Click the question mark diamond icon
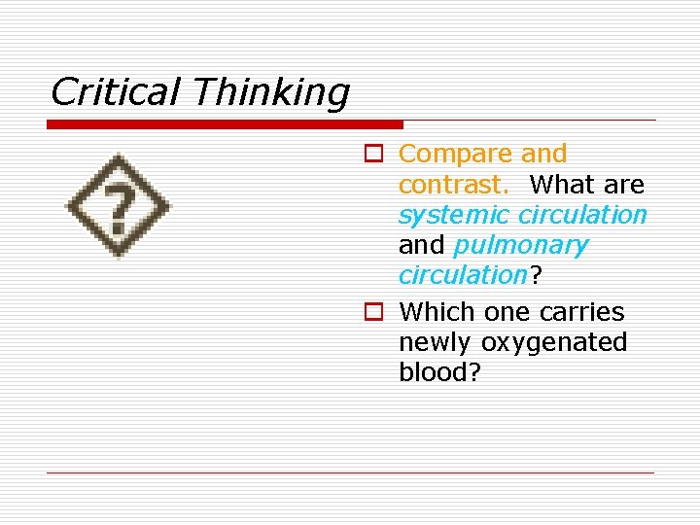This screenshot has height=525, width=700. point(118,206)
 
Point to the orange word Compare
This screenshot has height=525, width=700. point(455,155)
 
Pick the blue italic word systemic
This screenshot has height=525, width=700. point(455,215)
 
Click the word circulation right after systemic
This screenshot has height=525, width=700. point(582,215)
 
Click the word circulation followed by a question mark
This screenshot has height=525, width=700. point(462,275)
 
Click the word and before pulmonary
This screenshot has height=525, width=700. point(421,245)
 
